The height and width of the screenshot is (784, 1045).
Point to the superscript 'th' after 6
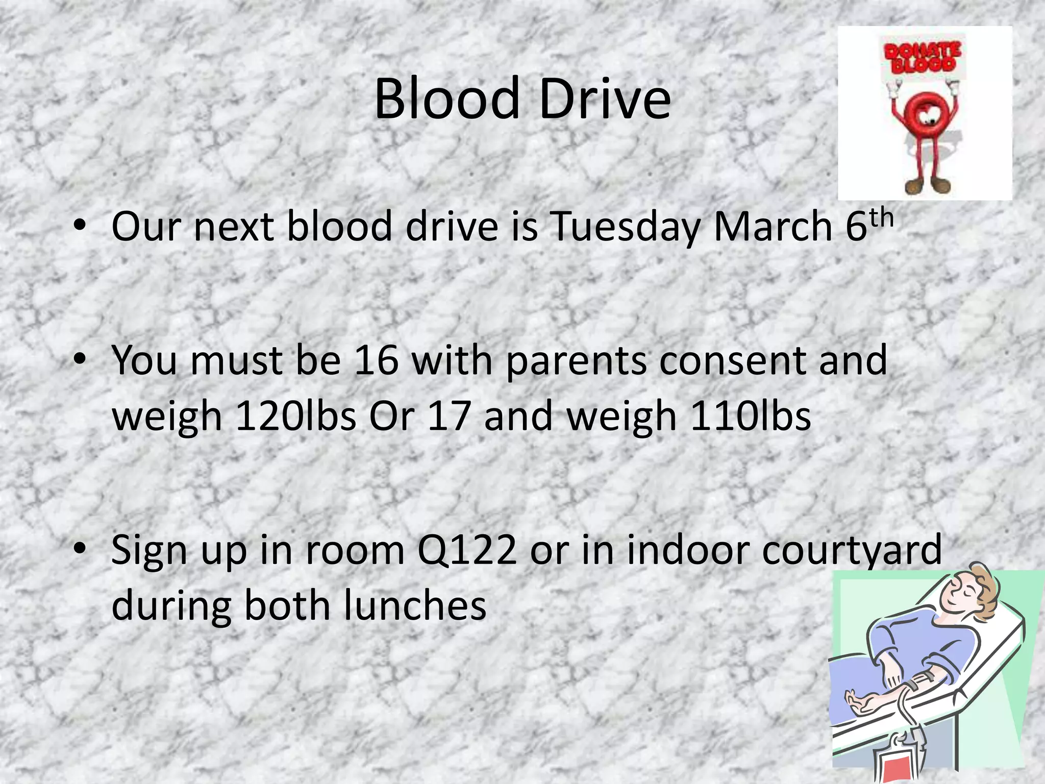click(x=882, y=218)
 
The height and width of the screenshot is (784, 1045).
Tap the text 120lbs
click(x=295, y=416)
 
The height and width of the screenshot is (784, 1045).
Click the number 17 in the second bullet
click(x=449, y=416)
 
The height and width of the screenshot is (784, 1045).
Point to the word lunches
click(x=415, y=605)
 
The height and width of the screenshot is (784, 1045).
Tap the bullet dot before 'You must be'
click(x=80, y=359)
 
